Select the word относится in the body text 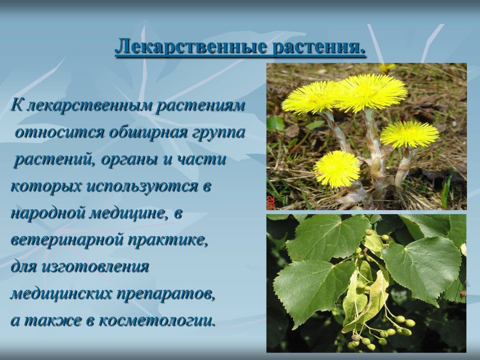click(x=60, y=132)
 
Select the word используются click(x=141, y=187)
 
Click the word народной click(x=48, y=213)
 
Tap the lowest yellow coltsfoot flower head click(x=337, y=169)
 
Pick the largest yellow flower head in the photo click(x=371, y=92)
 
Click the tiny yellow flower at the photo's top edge click(x=386, y=67)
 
